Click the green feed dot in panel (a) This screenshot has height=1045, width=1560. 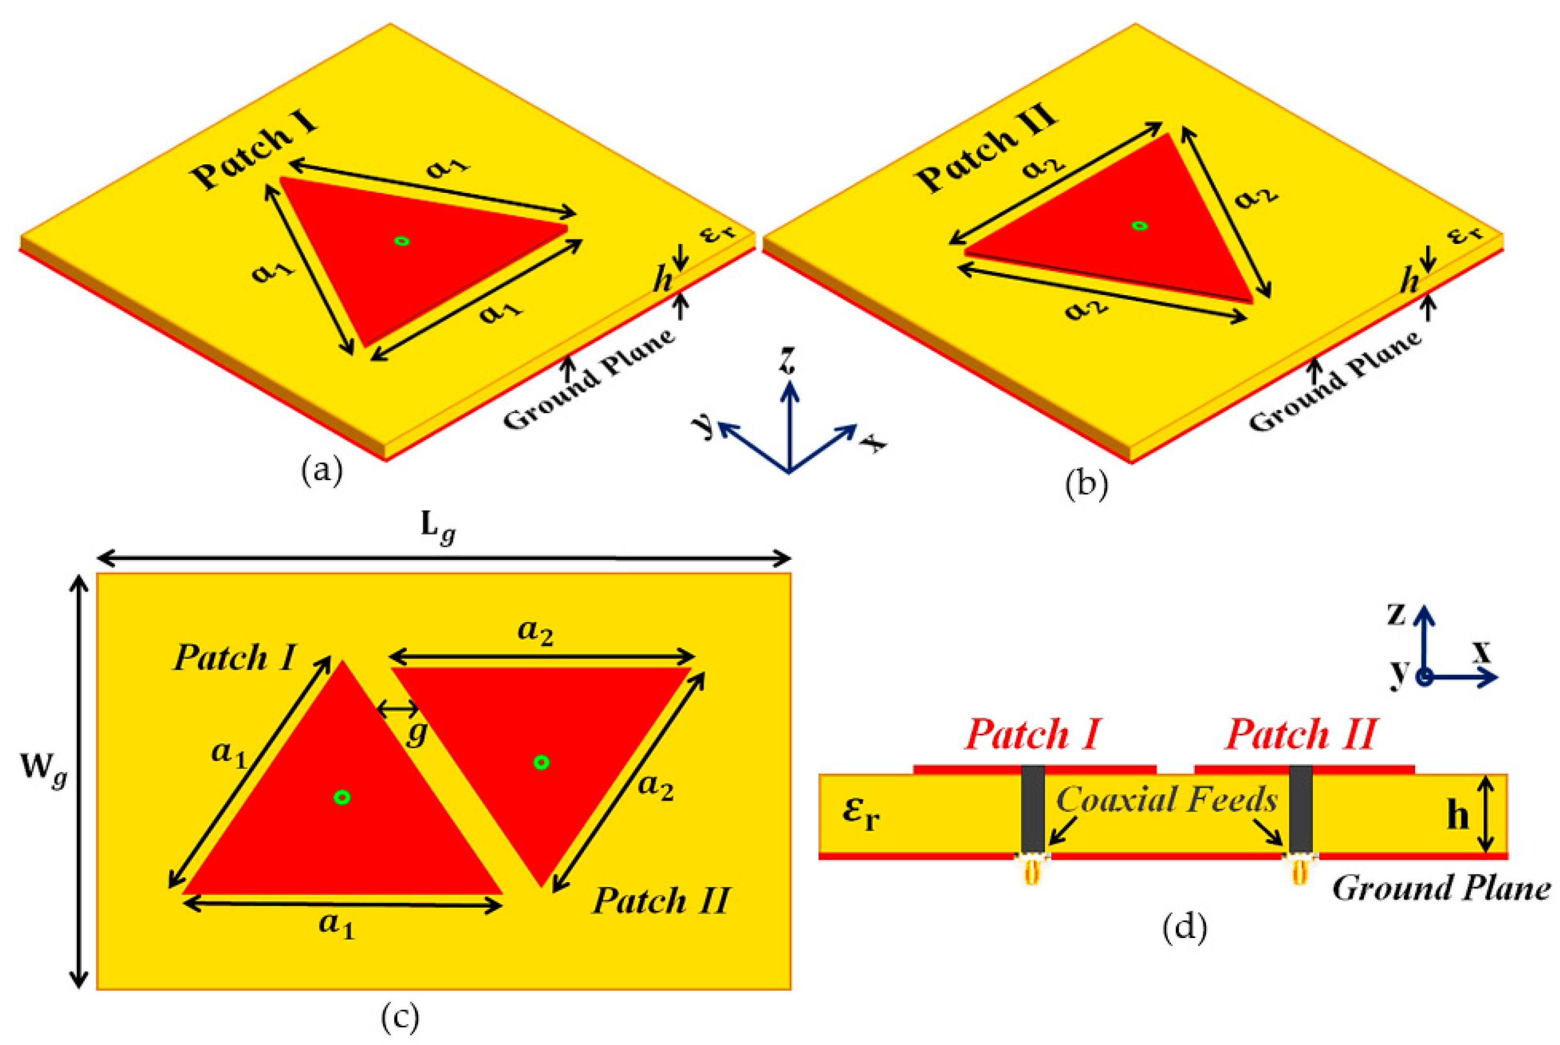pyautogui.click(x=401, y=241)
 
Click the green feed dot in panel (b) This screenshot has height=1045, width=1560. pyautogui.click(x=1139, y=226)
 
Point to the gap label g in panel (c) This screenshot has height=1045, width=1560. pyautogui.click(x=417, y=733)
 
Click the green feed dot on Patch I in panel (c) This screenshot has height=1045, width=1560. pyautogui.click(x=342, y=797)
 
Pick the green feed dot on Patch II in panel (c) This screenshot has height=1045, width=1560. pyautogui.click(x=541, y=763)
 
